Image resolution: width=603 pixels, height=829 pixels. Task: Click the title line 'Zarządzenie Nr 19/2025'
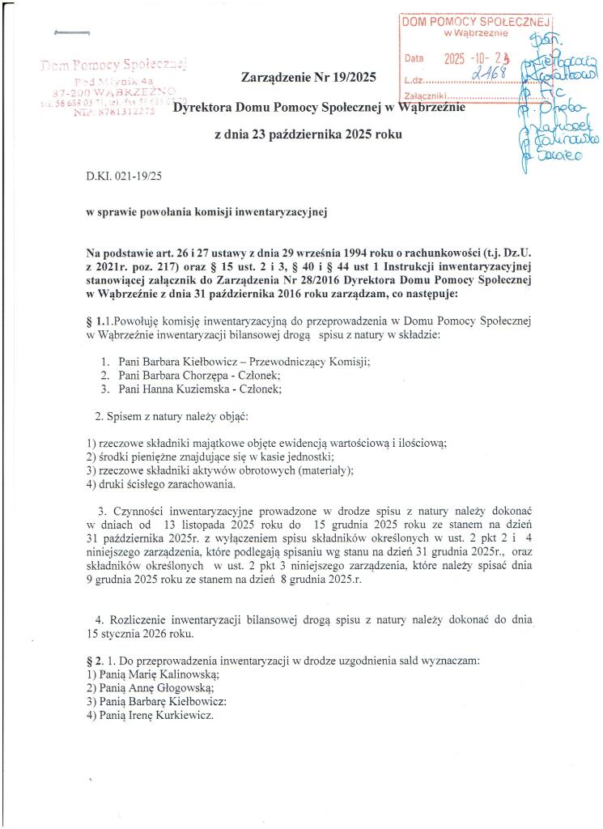[x=299, y=79]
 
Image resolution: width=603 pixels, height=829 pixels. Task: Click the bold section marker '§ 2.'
[x=96, y=660]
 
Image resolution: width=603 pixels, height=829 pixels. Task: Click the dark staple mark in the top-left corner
[x=70, y=32]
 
